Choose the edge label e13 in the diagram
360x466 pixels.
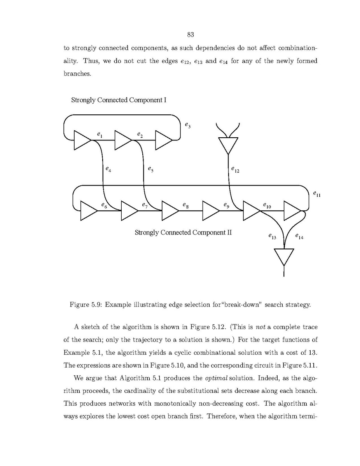(272, 236)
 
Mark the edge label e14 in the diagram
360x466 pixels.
(299, 236)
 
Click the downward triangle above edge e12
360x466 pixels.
(227, 145)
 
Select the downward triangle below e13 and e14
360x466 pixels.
(284, 256)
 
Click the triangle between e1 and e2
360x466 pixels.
(123, 140)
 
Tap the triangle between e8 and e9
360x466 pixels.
(210, 210)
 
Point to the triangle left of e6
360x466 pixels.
(88, 210)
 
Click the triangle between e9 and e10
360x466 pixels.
(251, 210)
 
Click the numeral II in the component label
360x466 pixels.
(229, 233)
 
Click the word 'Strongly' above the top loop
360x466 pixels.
(83, 100)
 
